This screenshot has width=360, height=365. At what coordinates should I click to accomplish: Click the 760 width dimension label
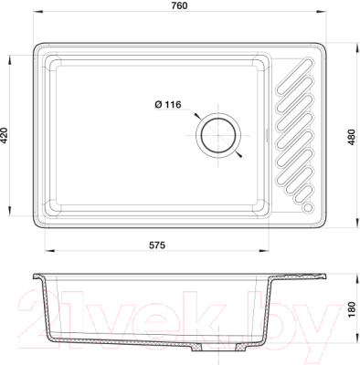179,5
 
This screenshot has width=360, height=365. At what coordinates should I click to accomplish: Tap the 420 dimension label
5,135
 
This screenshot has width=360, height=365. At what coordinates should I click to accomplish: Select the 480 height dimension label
352,137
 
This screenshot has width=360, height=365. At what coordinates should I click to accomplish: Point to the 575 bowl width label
157,245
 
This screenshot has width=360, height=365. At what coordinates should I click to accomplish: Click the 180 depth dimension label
352,309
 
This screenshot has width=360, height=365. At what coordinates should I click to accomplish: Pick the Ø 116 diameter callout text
168,105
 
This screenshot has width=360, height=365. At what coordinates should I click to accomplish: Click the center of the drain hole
218,135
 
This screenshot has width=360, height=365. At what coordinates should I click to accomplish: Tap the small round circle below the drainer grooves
308,207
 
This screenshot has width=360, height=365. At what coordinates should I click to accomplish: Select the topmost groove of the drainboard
294,76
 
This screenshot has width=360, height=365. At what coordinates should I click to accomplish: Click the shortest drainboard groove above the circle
302,195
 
